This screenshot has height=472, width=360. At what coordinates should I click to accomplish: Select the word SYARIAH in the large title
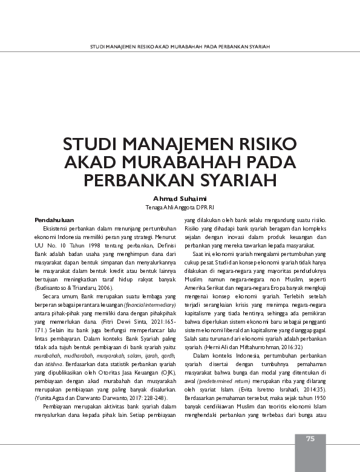(240, 181)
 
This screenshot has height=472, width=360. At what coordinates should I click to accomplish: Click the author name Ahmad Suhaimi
(180, 198)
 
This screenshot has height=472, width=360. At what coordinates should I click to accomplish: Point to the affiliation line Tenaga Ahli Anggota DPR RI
(180, 208)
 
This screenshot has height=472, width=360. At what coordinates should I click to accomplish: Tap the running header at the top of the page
(180, 46)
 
